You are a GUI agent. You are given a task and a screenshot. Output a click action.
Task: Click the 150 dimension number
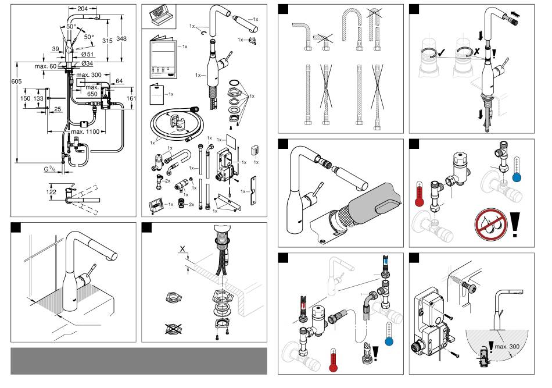25,99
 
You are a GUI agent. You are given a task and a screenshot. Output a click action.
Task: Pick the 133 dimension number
38,99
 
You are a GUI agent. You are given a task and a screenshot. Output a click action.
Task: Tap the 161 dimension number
132,99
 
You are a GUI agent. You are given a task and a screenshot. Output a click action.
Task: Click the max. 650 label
92,91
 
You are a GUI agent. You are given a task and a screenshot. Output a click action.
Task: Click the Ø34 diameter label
88,63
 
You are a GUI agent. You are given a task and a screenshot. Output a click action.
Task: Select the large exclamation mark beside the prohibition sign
515,225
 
